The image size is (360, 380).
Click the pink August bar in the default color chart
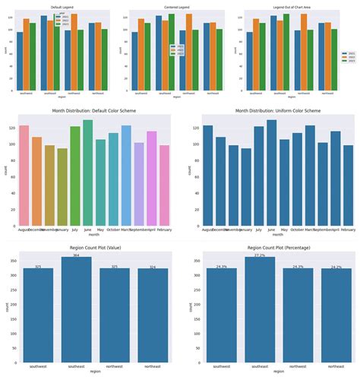(x=24, y=175)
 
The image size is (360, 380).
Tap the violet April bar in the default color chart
(x=152, y=178)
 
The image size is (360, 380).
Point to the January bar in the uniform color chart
(x=245, y=186)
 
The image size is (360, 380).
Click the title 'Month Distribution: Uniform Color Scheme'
(x=271, y=111)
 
